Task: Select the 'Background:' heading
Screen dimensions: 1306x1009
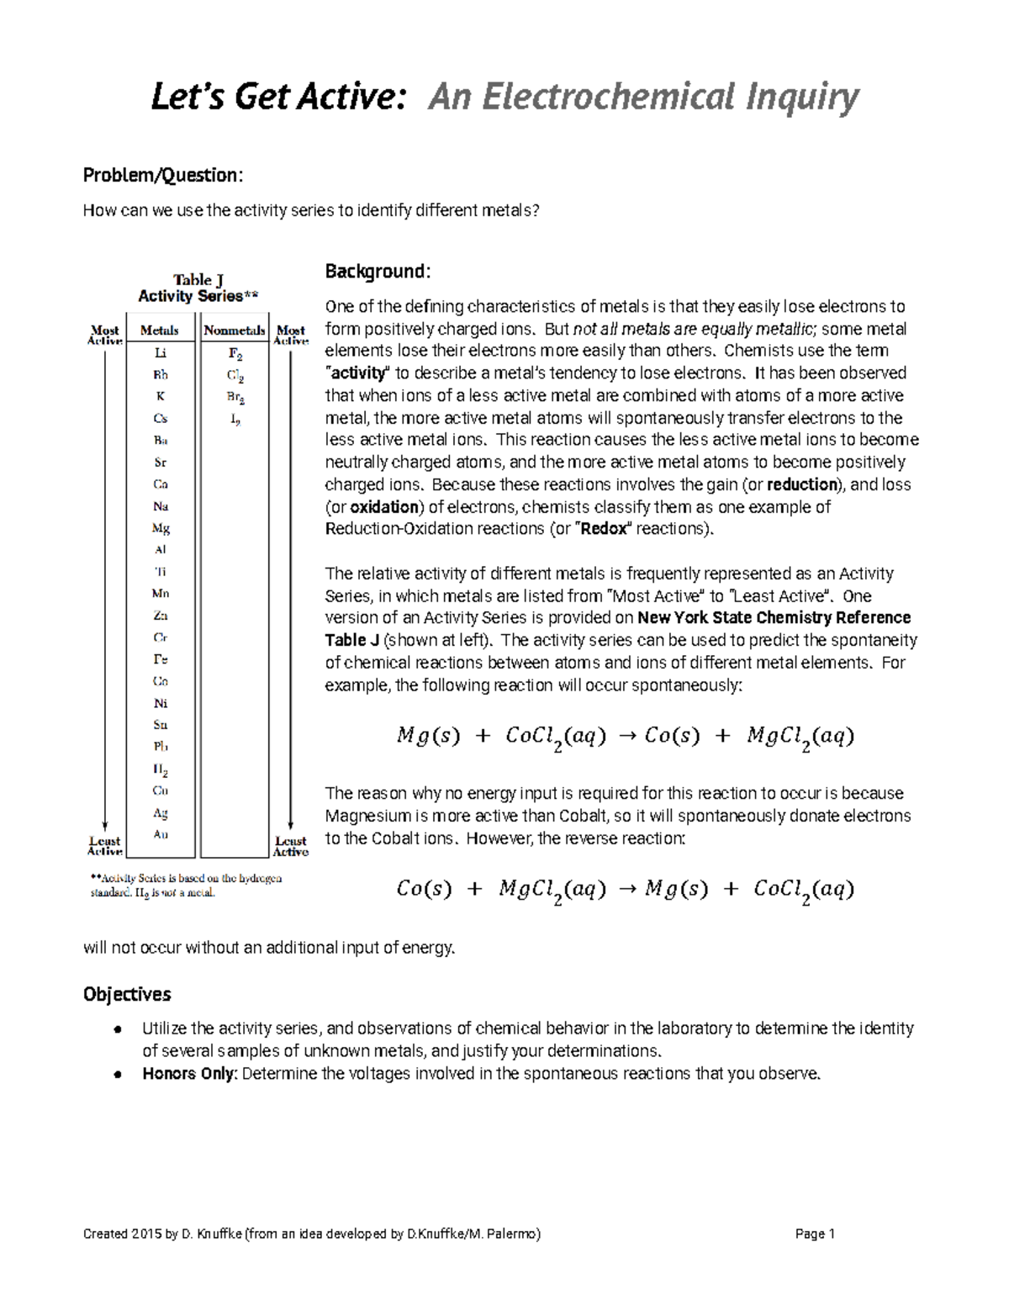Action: pyautogui.click(x=378, y=271)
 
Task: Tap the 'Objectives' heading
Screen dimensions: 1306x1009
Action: pyautogui.click(x=127, y=994)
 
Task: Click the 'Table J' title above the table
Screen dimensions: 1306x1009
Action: pyautogui.click(x=198, y=280)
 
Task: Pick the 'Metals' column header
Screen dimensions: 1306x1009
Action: pyautogui.click(x=159, y=330)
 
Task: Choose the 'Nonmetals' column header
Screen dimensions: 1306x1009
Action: pyautogui.click(x=234, y=330)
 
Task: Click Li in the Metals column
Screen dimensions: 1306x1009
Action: pyautogui.click(x=160, y=354)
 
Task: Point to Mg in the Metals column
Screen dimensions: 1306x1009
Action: pyautogui.click(x=160, y=528)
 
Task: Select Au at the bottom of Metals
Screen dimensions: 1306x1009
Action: pyautogui.click(x=160, y=834)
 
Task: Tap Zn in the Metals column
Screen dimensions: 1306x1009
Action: pyautogui.click(x=160, y=616)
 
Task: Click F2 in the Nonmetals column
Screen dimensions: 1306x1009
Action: pyautogui.click(x=235, y=354)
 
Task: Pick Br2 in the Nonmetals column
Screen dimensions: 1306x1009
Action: pyautogui.click(x=235, y=397)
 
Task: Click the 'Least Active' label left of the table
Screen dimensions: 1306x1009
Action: pyautogui.click(x=105, y=846)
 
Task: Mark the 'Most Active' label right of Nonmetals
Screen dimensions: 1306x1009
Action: pyautogui.click(x=291, y=336)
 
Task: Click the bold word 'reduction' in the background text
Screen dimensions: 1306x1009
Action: pyautogui.click(x=803, y=484)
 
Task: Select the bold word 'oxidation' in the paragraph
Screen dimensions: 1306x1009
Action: pyautogui.click(x=384, y=507)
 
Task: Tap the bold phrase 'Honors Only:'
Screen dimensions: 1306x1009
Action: pyautogui.click(x=190, y=1073)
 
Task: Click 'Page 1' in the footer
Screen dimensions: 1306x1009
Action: pyautogui.click(x=814, y=1234)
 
